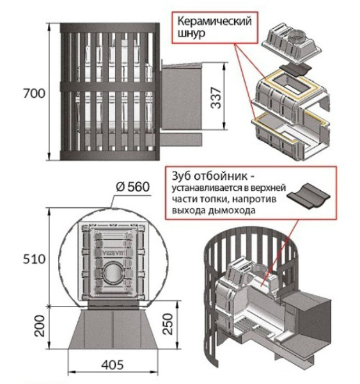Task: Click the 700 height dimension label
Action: [35, 93]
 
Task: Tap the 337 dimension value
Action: [216, 97]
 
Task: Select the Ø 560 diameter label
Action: [132, 188]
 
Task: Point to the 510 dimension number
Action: [35, 259]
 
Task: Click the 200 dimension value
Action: [40, 326]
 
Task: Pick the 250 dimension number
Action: [168, 324]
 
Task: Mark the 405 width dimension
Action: [113, 365]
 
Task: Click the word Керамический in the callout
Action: [214, 21]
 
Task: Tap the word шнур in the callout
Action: [191, 33]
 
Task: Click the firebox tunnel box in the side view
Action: [182, 96]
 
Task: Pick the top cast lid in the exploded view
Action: [290, 43]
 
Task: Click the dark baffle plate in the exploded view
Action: [295, 70]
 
